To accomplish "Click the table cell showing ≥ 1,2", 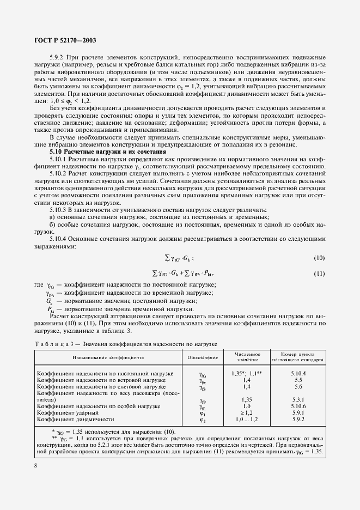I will click(248, 413).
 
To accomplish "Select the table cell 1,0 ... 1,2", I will click(248, 420).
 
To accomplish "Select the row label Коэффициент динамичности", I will click(75, 420).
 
